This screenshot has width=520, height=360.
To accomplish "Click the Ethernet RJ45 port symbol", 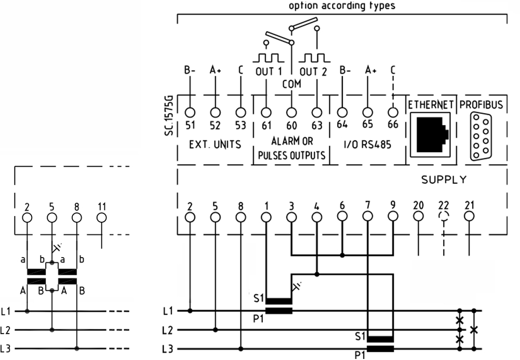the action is pos(431,134).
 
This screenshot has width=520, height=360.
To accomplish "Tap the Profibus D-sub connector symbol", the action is pos(481,136).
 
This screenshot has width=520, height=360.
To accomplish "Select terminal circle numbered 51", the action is pos(190,113).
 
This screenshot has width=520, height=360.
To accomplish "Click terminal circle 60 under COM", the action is pos(291,113).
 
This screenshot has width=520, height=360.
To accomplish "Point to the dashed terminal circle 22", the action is pos(444,217).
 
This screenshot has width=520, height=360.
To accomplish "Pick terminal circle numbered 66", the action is pos(393,113).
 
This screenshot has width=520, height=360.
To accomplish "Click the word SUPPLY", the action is pos(444,180).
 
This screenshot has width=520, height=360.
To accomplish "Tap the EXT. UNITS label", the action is pos(215,144).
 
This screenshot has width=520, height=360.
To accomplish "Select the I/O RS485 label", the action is pos(367,144).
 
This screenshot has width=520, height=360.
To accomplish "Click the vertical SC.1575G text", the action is pos(169,115).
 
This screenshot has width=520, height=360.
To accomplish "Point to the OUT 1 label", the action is pos(269,72).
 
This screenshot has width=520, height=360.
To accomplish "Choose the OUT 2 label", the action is pos(313,72).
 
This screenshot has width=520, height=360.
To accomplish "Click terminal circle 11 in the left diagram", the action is pos(101,218).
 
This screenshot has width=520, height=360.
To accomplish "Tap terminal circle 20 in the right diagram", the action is pos(418,217).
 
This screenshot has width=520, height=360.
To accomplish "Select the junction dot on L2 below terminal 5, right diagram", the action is pos(215,330).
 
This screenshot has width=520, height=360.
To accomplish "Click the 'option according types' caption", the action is pos(342,6).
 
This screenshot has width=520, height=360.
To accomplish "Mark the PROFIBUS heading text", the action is pos(481,105).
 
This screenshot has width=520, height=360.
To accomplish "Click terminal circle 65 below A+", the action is pos(367,113).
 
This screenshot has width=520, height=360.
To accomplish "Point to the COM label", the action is pos(292,84).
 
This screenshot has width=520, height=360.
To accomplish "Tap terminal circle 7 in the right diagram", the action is pos(367,217).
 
